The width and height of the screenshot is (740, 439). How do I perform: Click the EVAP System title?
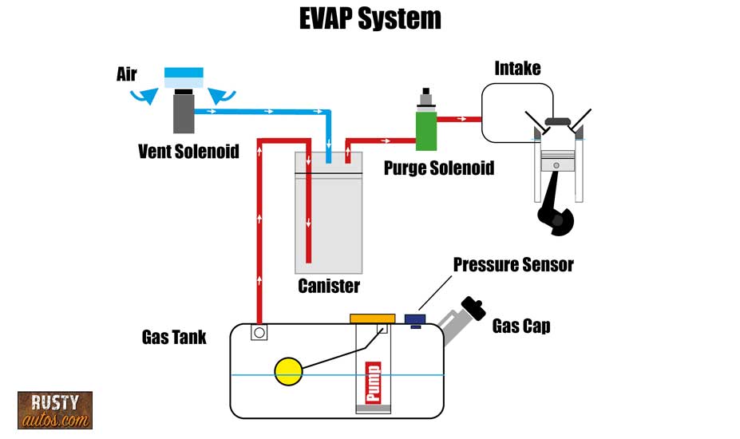(x=370, y=18)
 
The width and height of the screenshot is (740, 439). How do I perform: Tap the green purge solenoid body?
(x=426, y=131)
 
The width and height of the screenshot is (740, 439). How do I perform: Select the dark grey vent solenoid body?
(x=184, y=114)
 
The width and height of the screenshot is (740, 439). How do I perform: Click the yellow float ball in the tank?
(x=288, y=370)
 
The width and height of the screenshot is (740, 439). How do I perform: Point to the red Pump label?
(x=372, y=382)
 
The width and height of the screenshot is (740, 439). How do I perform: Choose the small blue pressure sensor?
(x=415, y=320)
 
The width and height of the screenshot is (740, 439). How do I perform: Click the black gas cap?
(x=473, y=308)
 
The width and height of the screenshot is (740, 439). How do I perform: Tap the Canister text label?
(x=328, y=285)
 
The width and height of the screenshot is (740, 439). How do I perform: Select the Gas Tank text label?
(x=174, y=337)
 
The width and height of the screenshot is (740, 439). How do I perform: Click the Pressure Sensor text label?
(x=513, y=264)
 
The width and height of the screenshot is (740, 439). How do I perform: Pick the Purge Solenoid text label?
(x=439, y=168)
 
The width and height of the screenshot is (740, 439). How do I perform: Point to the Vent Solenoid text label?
(x=188, y=151)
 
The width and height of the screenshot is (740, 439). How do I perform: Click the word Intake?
(x=517, y=69)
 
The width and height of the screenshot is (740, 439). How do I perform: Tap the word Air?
(x=126, y=75)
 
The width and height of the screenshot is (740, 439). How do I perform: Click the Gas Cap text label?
(x=520, y=326)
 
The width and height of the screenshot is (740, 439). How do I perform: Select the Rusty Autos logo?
(x=55, y=410)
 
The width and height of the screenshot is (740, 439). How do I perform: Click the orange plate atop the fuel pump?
(x=372, y=318)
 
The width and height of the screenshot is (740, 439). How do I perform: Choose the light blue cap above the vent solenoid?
(x=184, y=78)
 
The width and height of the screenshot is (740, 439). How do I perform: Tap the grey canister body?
(x=328, y=223)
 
